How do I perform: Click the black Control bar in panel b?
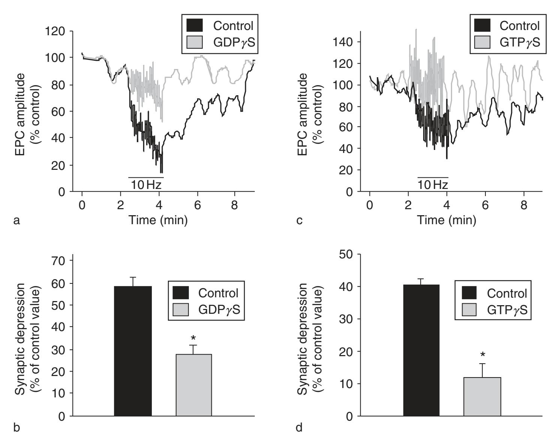pos(133,351)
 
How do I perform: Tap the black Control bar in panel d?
pos(421,350)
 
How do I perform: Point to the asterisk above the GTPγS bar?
pos(483,355)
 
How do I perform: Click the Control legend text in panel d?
pos(507,293)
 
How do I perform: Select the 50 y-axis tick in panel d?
pos(345,254)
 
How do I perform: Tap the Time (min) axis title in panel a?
pos(158,220)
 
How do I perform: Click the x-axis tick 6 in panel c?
pos(485,205)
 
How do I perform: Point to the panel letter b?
pos(16,427)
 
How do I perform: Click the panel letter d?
pos(299,427)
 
